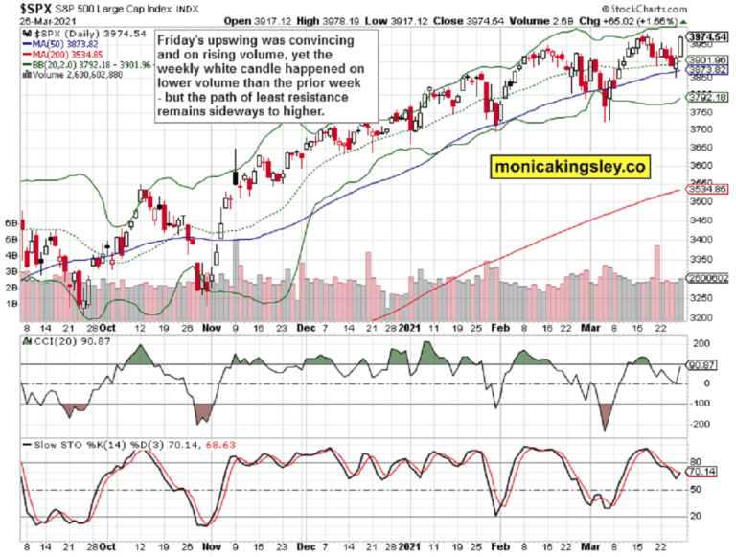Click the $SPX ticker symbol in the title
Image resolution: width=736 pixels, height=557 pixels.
pyautogui.click(x=22, y=9)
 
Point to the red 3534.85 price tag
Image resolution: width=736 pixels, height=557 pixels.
pyautogui.click(x=706, y=190)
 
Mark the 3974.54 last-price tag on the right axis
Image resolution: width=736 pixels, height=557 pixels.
pyautogui.click(x=707, y=36)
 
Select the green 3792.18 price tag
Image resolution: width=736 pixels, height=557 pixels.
pyautogui.click(x=706, y=97)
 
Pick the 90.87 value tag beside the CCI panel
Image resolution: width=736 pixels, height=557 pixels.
pyautogui.click(x=703, y=365)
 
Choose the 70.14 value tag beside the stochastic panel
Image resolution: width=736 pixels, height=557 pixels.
pyautogui.click(x=703, y=472)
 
